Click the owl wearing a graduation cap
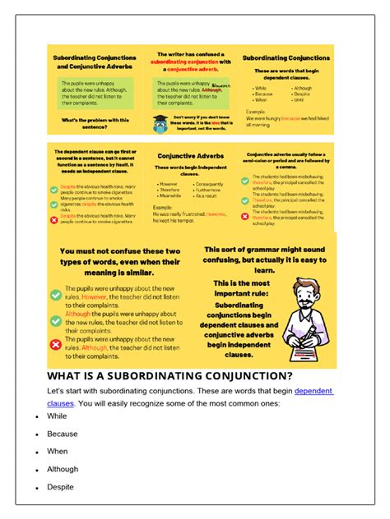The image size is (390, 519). click(x=159, y=123)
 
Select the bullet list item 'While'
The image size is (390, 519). click(x=57, y=416)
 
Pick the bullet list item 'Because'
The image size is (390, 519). click(x=63, y=434)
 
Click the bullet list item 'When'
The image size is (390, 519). click(x=57, y=452)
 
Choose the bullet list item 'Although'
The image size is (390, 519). click(x=63, y=469)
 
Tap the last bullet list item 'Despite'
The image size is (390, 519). click(x=61, y=487)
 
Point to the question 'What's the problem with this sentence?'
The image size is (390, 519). click(x=91, y=120)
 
